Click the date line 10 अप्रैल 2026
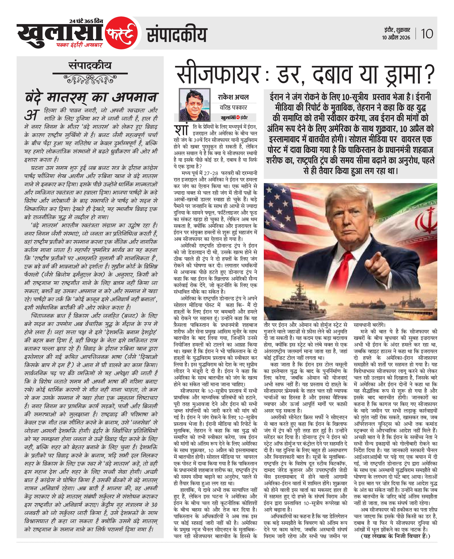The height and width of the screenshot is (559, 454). click(x=396, y=38)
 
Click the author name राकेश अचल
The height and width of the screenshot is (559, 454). click(x=233, y=97)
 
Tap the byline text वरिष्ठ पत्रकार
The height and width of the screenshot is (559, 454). click(x=233, y=107)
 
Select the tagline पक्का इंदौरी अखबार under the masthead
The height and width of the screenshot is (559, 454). click(x=79, y=45)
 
